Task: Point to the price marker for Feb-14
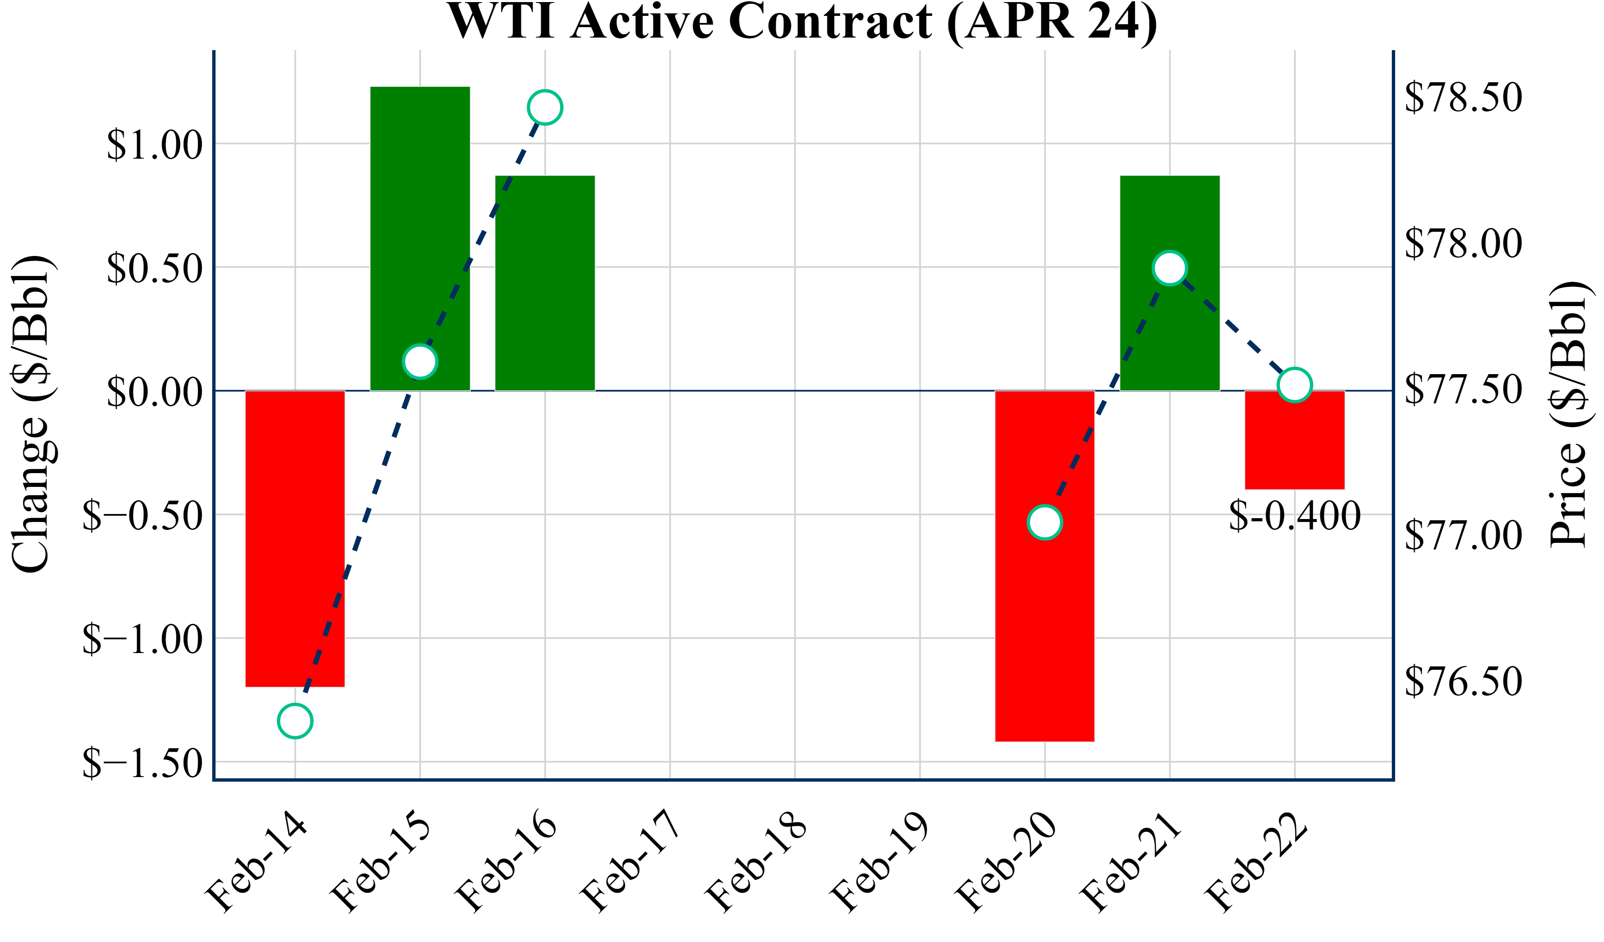click(295, 721)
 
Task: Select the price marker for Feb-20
click(1045, 522)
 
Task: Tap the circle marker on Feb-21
click(1169, 268)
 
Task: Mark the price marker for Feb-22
click(1294, 385)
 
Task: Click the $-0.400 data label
click(1294, 516)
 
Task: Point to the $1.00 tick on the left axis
click(154, 145)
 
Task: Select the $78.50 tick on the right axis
click(1463, 97)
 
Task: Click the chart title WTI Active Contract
click(802, 22)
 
